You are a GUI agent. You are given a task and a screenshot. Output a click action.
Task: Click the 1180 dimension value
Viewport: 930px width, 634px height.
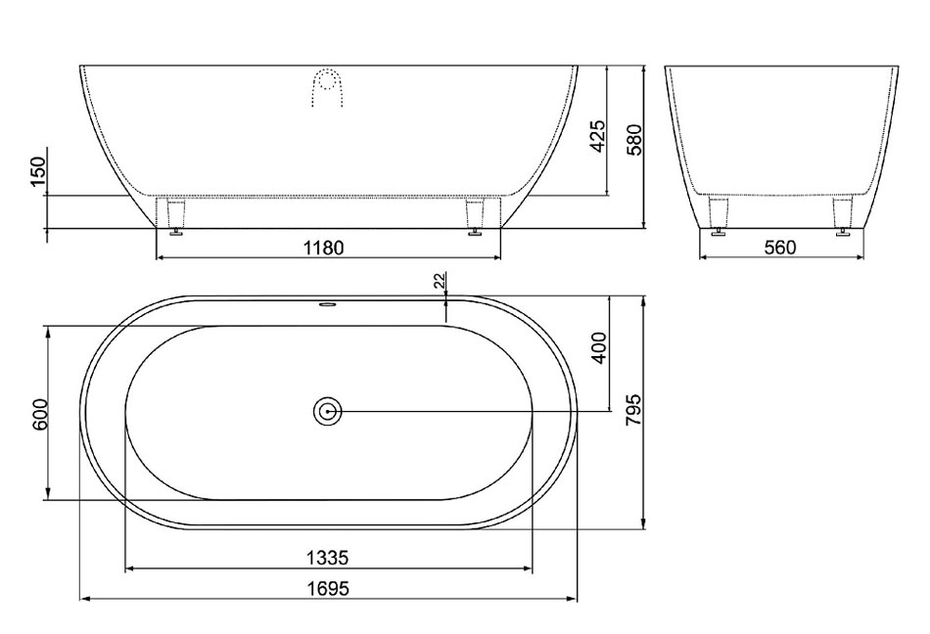(323, 248)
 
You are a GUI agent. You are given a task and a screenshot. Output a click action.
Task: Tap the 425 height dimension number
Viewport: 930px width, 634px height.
(598, 136)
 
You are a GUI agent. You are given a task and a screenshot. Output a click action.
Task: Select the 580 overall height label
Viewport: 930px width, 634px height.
(634, 140)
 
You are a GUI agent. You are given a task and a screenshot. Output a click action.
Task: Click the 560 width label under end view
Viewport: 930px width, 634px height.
(779, 248)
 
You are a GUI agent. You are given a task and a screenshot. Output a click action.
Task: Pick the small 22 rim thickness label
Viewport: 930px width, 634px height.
(440, 281)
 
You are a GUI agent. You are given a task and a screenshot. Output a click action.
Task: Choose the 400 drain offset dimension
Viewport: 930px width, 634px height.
(599, 348)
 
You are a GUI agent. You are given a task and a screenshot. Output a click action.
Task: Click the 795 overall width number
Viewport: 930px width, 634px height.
(633, 409)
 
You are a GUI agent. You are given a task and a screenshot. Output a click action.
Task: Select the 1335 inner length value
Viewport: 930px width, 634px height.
(327, 558)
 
